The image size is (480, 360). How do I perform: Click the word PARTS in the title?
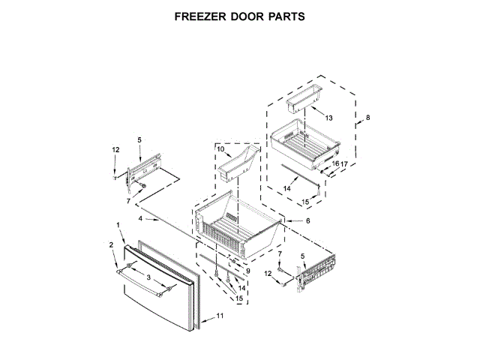(x=283, y=16)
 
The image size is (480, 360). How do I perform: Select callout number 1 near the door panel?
(x=118, y=226)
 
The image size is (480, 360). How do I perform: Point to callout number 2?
(x=112, y=245)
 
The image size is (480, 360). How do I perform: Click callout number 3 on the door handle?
(x=148, y=278)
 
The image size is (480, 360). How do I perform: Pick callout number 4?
(x=140, y=218)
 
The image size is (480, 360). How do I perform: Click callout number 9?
(x=247, y=271)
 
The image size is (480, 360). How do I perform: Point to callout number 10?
(x=221, y=149)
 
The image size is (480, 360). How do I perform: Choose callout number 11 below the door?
(x=220, y=316)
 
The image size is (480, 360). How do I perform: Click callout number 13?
(x=328, y=117)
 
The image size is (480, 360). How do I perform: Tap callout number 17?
(x=345, y=163)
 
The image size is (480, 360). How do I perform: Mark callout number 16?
(x=335, y=163)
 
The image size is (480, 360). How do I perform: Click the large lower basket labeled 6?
(x=236, y=229)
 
